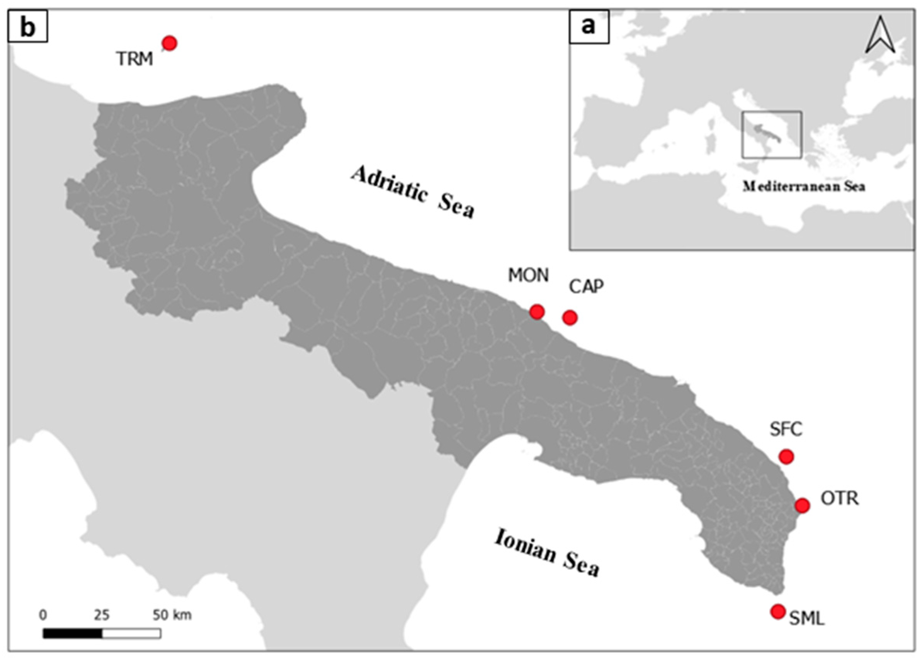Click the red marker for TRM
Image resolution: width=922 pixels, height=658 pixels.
pyautogui.click(x=170, y=43)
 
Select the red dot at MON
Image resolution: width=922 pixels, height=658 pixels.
pyautogui.click(x=537, y=312)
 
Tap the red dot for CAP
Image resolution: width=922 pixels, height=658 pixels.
pyautogui.click(x=570, y=318)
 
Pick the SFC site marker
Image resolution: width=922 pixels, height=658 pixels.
pyautogui.click(x=786, y=457)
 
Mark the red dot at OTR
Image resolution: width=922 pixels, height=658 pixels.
pyautogui.click(x=802, y=505)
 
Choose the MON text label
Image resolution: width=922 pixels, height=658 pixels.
pyautogui.click(x=529, y=276)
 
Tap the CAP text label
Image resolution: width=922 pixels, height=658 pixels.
pyautogui.click(x=586, y=287)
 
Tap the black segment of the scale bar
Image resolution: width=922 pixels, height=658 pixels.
pyautogui.click(x=73, y=633)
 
